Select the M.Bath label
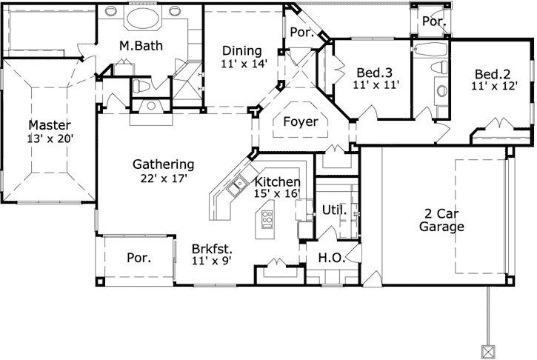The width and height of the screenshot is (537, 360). tap(141, 46)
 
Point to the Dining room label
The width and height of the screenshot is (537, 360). tap(241, 51)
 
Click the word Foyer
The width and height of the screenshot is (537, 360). tap(301, 121)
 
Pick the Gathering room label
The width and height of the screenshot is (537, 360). tap(163, 164)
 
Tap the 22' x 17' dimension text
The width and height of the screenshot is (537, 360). tap(163, 178)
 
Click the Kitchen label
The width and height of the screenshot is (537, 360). tap(277, 181)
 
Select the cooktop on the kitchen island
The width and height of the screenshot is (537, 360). tap(267, 219)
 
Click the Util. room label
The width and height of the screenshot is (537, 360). tap(334, 210)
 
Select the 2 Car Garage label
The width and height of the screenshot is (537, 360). tap(441, 220)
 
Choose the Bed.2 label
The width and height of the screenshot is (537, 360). tap(494, 73)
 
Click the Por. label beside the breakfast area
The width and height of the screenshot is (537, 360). tap(139, 259)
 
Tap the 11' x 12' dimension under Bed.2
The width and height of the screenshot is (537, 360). tap(494, 86)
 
